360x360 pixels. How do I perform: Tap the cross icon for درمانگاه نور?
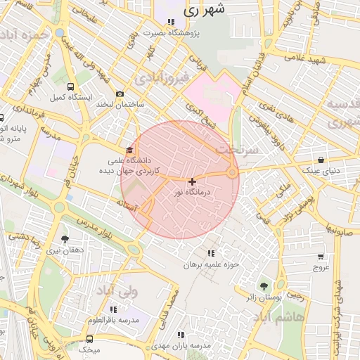192,181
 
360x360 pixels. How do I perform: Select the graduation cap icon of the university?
129,150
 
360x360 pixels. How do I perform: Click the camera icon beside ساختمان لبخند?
120,94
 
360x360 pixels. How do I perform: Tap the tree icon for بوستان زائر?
264,285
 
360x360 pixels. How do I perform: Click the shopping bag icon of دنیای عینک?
321,160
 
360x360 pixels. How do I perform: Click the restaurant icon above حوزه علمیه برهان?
212,253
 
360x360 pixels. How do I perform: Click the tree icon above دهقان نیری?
65,239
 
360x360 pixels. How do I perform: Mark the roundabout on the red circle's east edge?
232,173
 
